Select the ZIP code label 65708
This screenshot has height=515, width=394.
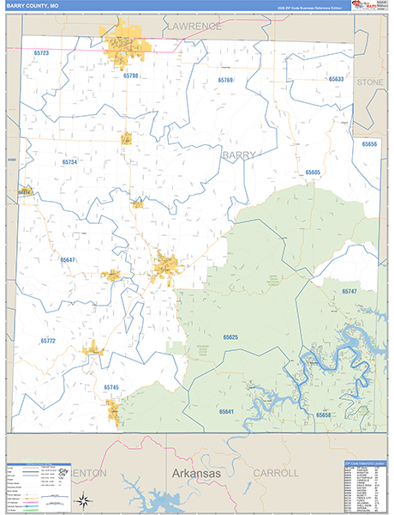pyautogui.click(x=130, y=76)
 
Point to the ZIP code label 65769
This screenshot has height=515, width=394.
pyautogui.click(x=225, y=80)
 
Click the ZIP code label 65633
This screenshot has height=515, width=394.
pyautogui.click(x=336, y=79)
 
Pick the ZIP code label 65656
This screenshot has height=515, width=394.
pyautogui.click(x=369, y=144)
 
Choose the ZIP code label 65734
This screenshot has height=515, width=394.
pyautogui.click(x=69, y=161)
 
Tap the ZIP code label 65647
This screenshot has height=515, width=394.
pyautogui.click(x=68, y=259)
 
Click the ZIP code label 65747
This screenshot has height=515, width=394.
pyautogui.click(x=349, y=293)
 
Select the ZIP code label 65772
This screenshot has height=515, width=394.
pyautogui.click(x=48, y=341)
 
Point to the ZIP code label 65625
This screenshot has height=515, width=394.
pyautogui.click(x=230, y=337)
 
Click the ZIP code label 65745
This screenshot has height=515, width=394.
pyautogui.click(x=111, y=387)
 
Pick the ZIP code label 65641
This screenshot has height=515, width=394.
pyautogui.click(x=226, y=412)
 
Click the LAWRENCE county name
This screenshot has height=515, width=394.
pyautogui.click(x=194, y=27)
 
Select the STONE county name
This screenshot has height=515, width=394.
pyautogui.click(x=370, y=82)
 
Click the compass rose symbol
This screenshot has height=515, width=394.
pyautogui.click(x=82, y=500)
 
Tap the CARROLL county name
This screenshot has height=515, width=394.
pyautogui.click(x=277, y=473)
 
